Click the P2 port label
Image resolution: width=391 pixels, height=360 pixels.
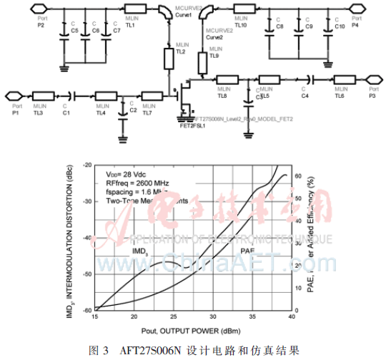click(41, 26)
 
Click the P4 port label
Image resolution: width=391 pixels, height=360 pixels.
click(356, 26)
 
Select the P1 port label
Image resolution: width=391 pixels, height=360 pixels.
click(16, 113)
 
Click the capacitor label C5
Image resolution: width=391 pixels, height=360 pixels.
click(74, 31)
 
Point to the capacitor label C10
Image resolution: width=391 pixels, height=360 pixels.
click(340, 26)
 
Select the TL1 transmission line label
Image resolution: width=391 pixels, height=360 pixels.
click(130, 24)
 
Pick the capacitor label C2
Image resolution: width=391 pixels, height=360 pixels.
click(133, 111)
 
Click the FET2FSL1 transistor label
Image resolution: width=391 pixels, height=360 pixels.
click(193, 125)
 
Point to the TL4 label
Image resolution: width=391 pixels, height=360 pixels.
click(101, 113)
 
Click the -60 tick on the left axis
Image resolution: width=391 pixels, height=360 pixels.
click(88, 310)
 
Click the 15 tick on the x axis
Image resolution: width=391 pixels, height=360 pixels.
click(96, 316)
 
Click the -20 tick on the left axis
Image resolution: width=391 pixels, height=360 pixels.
click(88, 165)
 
